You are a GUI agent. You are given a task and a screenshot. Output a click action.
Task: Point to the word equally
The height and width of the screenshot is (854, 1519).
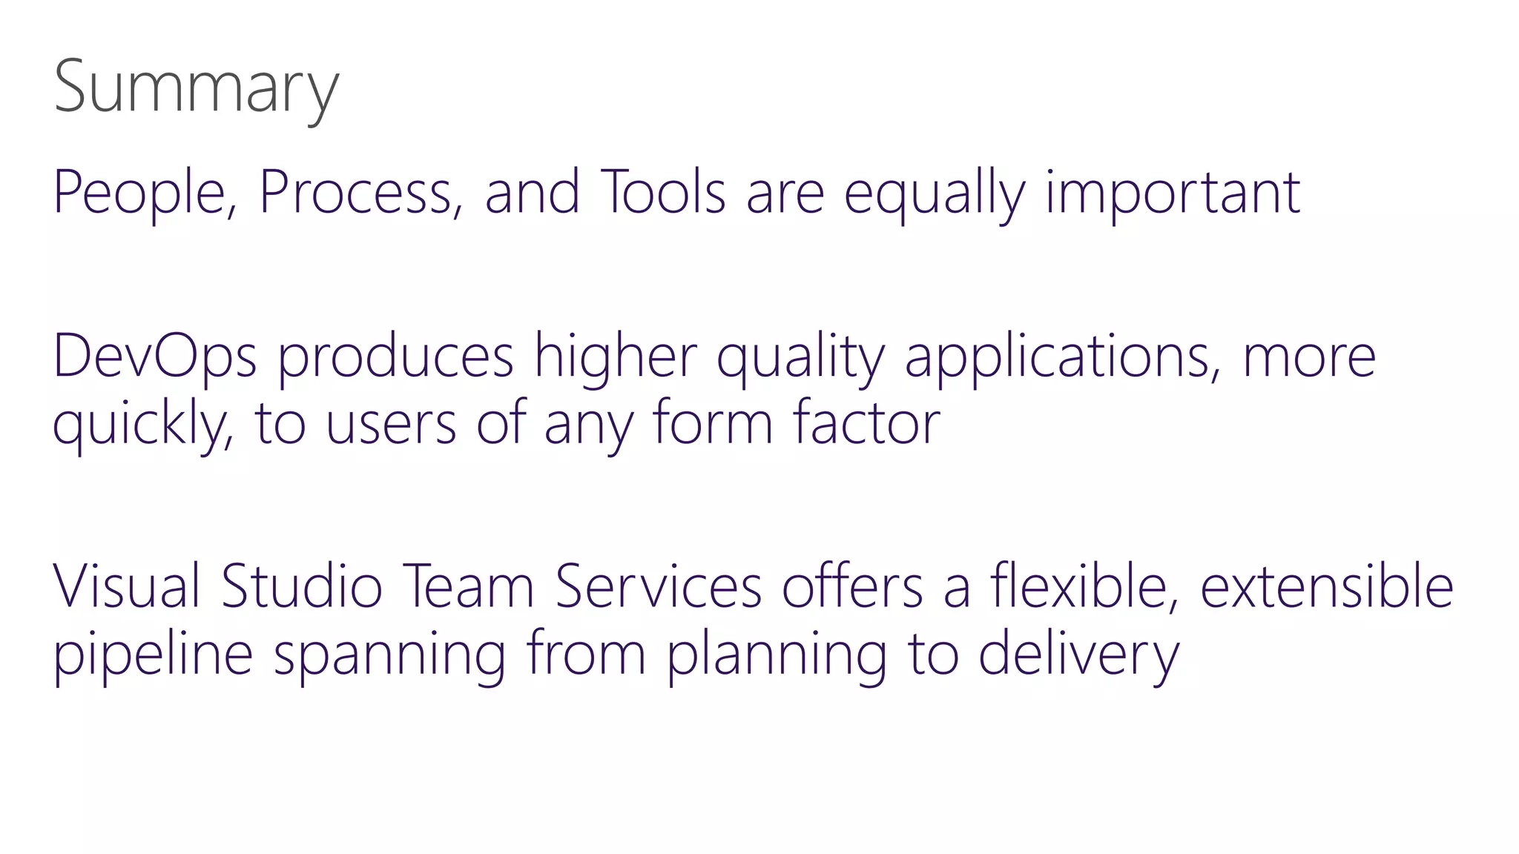coord(935,194)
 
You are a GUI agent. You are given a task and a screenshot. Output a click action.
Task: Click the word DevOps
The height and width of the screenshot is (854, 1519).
coord(155,357)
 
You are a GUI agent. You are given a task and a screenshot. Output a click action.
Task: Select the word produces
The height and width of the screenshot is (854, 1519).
coord(395,359)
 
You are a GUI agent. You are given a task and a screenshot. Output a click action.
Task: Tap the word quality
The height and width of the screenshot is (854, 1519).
coord(800,359)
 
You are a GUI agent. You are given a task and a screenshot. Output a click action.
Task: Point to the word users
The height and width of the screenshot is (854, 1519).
coord(391,424)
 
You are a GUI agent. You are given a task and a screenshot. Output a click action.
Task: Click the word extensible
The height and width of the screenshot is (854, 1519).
coord(1327,586)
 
